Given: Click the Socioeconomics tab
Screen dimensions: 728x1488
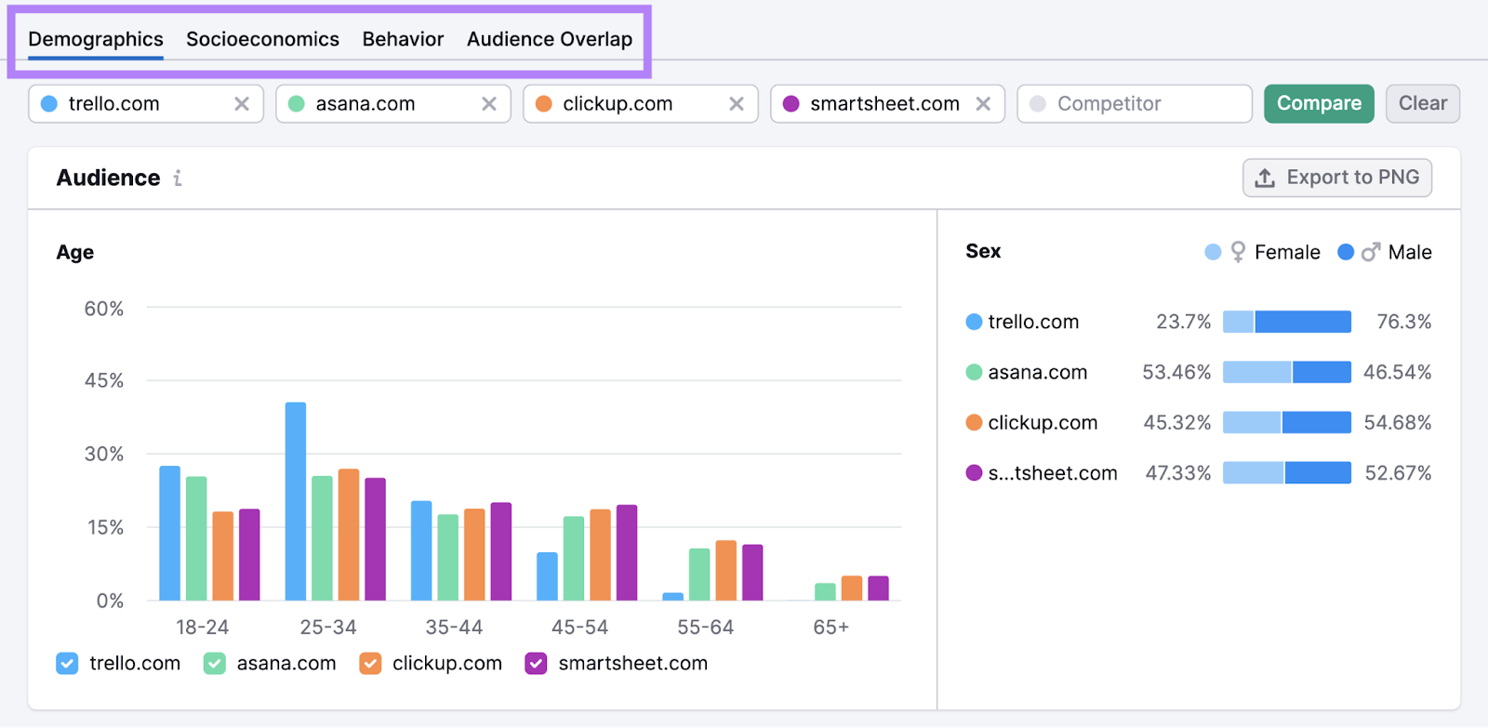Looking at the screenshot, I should (x=262, y=39).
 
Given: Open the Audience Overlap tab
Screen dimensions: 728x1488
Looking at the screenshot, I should (x=549, y=39).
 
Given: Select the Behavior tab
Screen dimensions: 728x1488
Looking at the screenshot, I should (x=403, y=39).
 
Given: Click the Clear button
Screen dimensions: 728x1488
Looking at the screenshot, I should (x=1422, y=103).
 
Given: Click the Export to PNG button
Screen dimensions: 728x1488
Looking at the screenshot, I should (x=1337, y=178).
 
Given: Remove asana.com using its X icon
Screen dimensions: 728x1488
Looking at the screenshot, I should (x=489, y=104).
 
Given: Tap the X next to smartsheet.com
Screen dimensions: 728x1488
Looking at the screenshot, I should (x=983, y=104).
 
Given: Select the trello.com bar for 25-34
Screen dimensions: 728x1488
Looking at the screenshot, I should (x=296, y=502).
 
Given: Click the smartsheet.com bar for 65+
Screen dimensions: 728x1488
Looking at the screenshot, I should (x=878, y=589).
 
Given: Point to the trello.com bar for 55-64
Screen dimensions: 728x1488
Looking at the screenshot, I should (x=673, y=596).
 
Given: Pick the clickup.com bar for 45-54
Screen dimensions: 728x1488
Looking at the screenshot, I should (x=601, y=555).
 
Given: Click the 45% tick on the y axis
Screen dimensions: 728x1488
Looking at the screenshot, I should (x=104, y=380).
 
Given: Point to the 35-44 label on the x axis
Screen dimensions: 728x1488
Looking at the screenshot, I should (x=454, y=628).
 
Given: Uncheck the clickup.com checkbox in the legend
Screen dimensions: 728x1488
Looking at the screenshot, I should (x=370, y=663).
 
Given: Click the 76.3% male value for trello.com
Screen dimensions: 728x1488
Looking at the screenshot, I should (x=1403, y=322).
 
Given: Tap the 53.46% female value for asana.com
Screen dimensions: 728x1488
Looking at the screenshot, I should (x=1176, y=372).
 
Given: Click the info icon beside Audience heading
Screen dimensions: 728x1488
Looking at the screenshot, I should (x=178, y=178).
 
